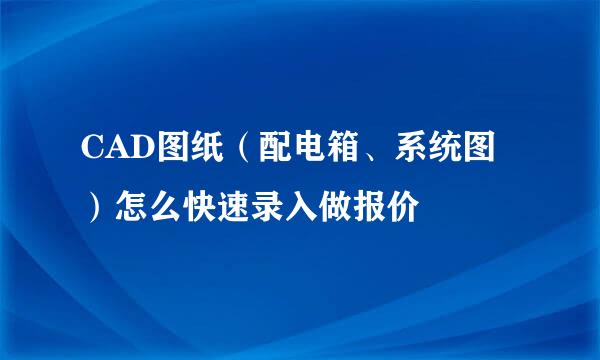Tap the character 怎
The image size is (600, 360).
coord(130,208)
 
